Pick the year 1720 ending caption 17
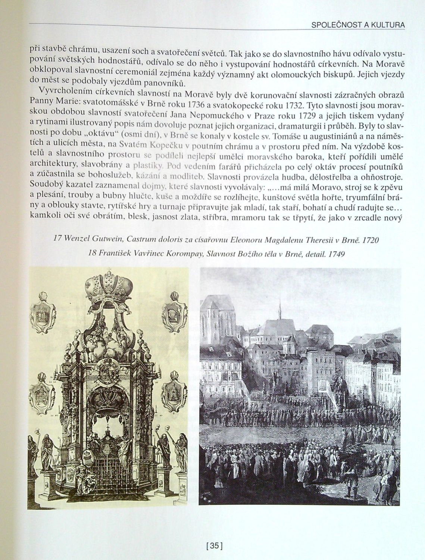(371, 240)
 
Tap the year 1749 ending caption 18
(335, 253)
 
